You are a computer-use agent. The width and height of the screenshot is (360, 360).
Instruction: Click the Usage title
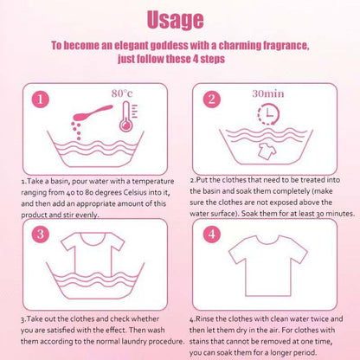(x=175, y=20)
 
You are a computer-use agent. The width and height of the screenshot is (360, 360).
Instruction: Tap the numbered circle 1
(x=41, y=100)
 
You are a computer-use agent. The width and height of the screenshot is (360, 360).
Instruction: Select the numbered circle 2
(x=212, y=100)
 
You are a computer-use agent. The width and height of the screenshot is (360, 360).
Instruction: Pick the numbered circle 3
(x=41, y=234)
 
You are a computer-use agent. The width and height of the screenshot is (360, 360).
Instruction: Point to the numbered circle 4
(x=212, y=234)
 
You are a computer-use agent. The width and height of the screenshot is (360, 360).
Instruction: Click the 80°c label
(x=122, y=93)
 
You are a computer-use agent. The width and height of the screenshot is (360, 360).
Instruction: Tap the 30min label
(x=268, y=93)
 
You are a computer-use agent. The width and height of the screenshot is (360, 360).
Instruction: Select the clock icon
(x=268, y=114)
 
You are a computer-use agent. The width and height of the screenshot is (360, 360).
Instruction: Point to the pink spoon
(x=93, y=112)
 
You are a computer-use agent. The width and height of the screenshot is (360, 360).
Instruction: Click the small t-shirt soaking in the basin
(x=267, y=151)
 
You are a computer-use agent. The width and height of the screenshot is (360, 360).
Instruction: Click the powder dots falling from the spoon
(x=77, y=131)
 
